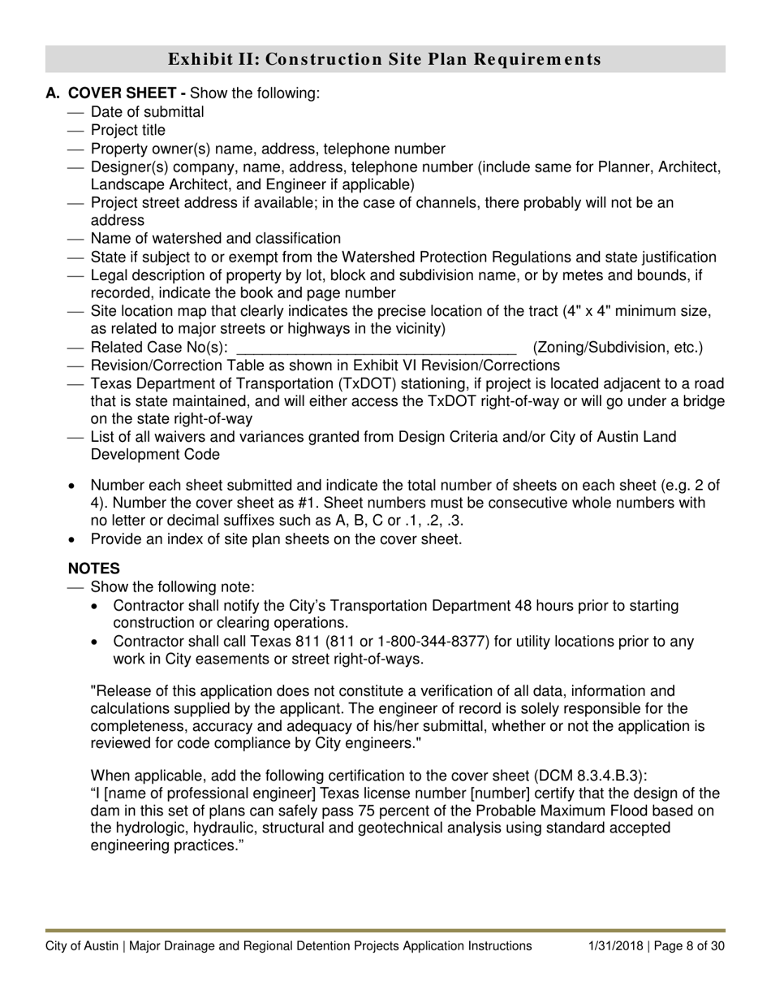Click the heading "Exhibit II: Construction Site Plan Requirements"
pos(385,59)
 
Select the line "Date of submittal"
pos(147,112)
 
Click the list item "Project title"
pos(127,131)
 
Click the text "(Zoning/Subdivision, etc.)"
pos(618,348)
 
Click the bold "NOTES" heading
pos(94,569)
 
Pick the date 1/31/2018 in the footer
pos(616,945)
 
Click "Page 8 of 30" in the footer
pos(689,945)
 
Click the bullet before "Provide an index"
pos(73,539)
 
